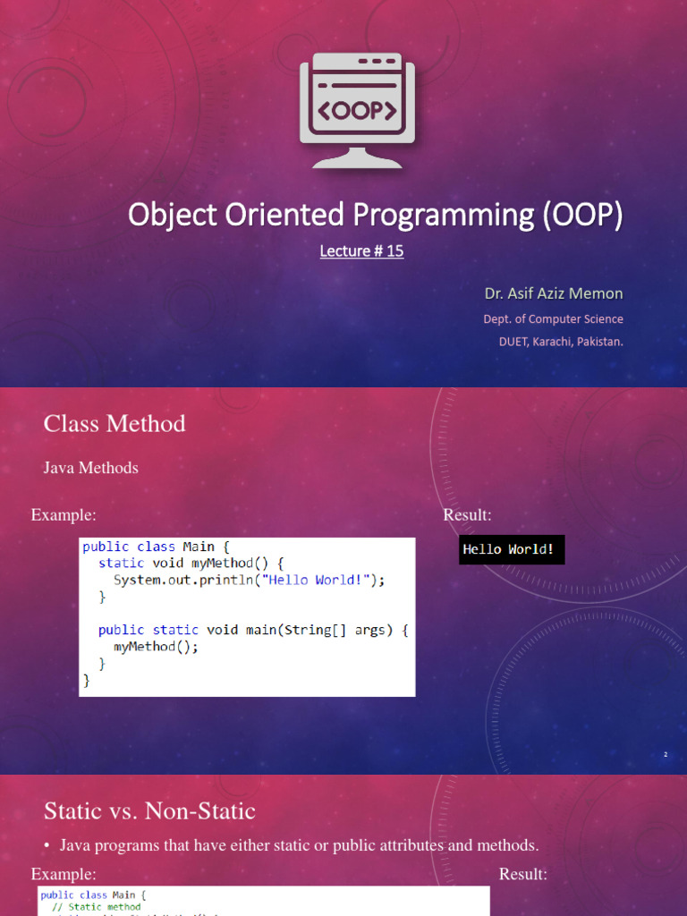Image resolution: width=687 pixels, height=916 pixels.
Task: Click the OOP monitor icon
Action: (x=357, y=110)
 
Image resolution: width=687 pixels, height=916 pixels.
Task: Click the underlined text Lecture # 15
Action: (x=361, y=251)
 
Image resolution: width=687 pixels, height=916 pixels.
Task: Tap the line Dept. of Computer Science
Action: (x=553, y=319)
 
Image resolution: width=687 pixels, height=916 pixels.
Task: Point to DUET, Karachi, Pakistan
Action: (x=560, y=341)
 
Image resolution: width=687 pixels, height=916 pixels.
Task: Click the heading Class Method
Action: (x=114, y=424)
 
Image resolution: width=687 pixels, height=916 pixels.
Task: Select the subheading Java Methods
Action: (x=91, y=468)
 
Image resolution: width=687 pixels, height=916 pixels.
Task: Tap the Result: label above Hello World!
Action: (x=467, y=515)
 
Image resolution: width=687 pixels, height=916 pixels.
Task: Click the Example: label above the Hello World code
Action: (x=64, y=515)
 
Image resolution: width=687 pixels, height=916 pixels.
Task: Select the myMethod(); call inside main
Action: (x=156, y=647)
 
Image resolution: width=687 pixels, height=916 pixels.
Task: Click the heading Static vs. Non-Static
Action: (x=149, y=811)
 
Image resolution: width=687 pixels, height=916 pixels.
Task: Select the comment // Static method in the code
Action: (x=96, y=907)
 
